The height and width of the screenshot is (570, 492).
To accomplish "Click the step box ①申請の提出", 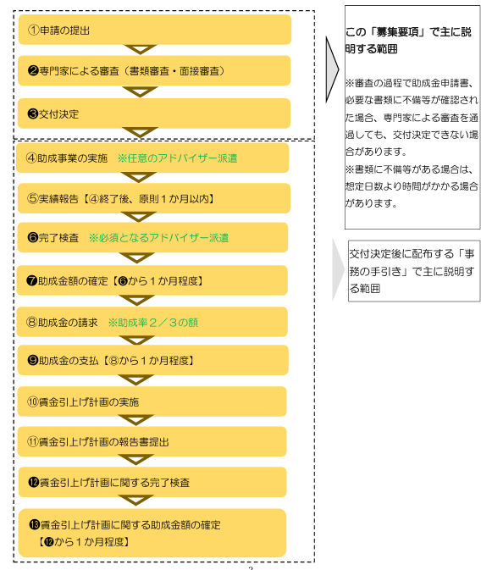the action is coord(155,30).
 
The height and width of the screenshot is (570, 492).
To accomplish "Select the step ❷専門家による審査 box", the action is coord(154,70).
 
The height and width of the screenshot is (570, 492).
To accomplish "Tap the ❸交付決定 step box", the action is coord(154,113).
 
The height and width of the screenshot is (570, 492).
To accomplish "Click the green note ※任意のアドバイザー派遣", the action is coord(177,158).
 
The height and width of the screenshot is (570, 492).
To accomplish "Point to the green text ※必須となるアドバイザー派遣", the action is coord(159,238).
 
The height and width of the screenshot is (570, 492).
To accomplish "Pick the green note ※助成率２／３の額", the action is coord(153,323).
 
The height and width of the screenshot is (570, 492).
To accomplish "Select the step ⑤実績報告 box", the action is coord(154,198).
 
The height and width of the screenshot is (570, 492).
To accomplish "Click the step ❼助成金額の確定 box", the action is coord(152,280).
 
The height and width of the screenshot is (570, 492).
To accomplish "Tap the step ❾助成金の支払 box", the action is coord(153,360).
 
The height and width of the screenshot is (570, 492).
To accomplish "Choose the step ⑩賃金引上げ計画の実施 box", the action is coord(152,401).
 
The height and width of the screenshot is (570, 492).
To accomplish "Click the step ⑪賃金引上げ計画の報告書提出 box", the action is coord(152,441).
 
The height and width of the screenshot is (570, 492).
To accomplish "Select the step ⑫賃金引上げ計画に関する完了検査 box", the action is coord(152,482).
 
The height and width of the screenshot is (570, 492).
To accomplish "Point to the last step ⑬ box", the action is coord(152,533).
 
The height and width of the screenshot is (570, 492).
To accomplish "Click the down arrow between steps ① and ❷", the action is coord(141,49).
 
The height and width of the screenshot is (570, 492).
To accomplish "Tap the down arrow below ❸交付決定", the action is coord(140,132).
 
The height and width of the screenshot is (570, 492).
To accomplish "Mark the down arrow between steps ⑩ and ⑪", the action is coord(135,420).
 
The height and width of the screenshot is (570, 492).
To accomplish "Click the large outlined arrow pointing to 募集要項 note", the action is coord(332,69).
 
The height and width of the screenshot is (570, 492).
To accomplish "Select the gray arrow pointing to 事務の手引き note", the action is coord(338,269).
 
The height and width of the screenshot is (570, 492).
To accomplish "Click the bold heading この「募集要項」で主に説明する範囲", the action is coord(408,40).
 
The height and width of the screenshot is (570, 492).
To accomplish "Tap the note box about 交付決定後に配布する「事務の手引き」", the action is coord(414,271).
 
